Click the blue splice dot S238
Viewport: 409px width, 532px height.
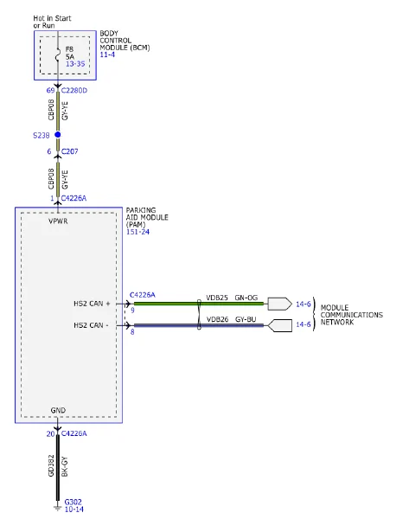click(58, 135)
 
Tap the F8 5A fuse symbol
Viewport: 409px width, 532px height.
click(58, 55)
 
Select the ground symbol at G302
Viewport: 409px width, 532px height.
click(57, 508)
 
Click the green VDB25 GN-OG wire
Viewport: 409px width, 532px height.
click(199, 304)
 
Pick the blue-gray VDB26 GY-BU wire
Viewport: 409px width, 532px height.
click(199, 325)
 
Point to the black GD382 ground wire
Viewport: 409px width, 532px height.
click(58, 467)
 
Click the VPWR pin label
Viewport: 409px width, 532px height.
click(58, 221)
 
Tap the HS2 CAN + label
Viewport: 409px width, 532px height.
click(92, 304)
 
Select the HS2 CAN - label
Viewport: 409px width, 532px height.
click(91, 325)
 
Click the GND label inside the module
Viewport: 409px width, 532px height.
click(58, 410)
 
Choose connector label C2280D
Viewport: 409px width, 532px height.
click(74, 90)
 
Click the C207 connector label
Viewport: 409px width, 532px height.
click(69, 151)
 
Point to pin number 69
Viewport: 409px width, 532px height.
click(50, 90)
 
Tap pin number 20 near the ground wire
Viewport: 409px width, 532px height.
click(50, 433)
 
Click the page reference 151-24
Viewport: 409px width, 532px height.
click(137, 232)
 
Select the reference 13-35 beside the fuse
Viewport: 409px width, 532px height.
click(75, 64)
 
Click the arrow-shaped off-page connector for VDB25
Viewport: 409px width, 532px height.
click(280, 304)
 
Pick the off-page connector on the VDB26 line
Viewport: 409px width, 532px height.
click(280, 325)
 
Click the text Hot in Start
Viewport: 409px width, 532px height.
click(52, 18)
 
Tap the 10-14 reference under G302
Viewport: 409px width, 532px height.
click(74, 509)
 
